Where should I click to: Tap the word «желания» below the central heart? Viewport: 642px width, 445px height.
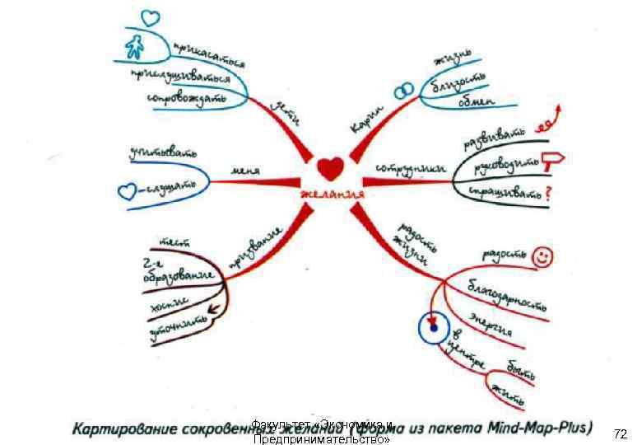click(x=332, y=193)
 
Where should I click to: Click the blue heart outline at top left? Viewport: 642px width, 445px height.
click(x=149, y=17)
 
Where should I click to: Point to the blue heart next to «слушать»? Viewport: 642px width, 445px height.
click(x=126, y=191)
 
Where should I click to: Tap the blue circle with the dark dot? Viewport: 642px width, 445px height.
click(x=432, y=329)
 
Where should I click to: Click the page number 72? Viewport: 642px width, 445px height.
click(x=621, y=433)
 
